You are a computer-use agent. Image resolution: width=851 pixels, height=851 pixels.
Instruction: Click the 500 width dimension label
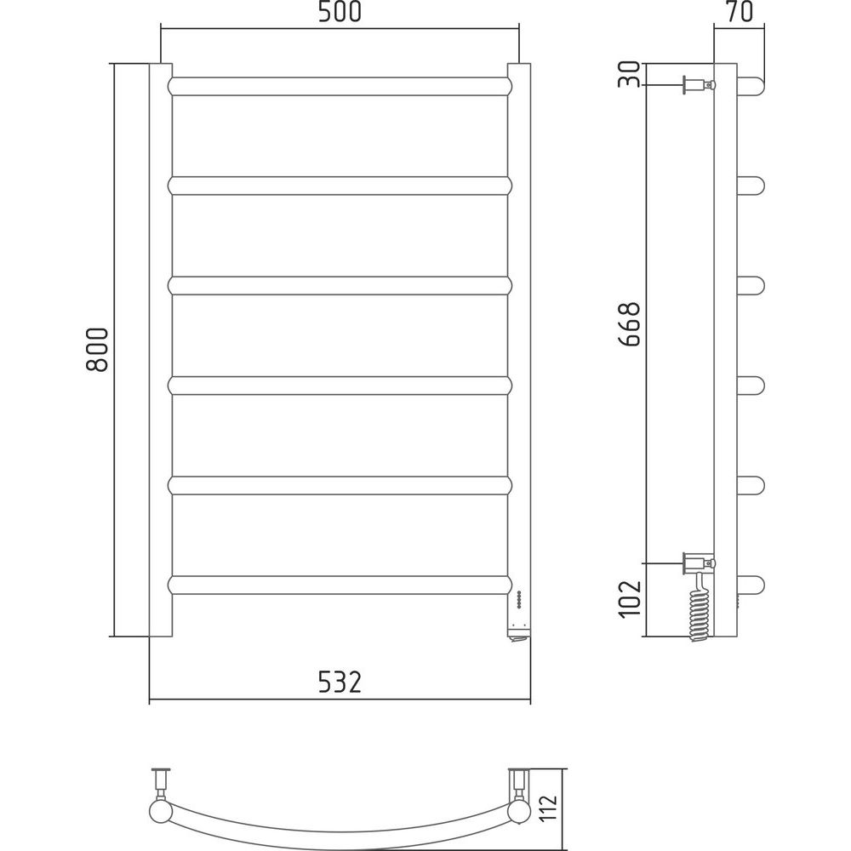click(340, 12)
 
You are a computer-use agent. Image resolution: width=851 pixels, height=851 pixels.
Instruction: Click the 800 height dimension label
click(97, 350)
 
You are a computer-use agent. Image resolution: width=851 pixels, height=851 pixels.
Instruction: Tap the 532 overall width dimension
click(340, 683)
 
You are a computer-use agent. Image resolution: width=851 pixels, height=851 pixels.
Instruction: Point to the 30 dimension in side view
click(630, 74)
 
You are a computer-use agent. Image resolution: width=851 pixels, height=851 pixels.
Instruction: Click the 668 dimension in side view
click(630, 324)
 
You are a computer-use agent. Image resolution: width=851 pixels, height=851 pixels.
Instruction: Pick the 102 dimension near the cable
click(630, 599)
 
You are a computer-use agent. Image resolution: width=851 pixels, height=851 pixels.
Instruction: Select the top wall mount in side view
click(699, 85)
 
